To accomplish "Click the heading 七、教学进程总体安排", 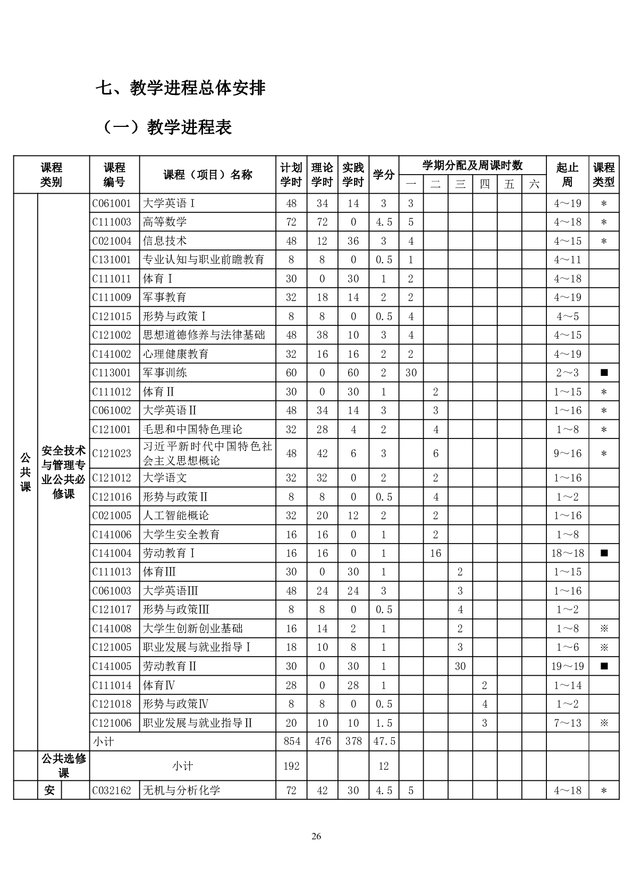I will [x=180, y=88].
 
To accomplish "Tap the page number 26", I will [x=316, y=837].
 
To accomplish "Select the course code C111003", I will [x=113, y=222].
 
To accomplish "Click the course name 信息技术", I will [x=165, y=241].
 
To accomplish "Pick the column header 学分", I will [x=383, y=175].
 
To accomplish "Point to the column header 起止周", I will [x=567, y=175].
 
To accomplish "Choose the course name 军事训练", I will [x=165, y=373].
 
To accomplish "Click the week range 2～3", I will [x=567, y=373].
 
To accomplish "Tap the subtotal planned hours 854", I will [x=291, y=741].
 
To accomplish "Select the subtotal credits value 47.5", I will [x=384, y=741].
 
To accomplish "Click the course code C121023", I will [x=112, y=453].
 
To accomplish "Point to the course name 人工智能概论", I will [x=176, y=515].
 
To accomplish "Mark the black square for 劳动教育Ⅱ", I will [x=604, y=666].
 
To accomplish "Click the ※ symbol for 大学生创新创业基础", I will [x=604, y=629].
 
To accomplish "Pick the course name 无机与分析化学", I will [x=181, y=790].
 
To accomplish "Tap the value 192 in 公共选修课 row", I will [x=291, y=766].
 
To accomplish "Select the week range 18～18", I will [x=567, y=553].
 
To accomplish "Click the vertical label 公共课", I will [x=26, y=472].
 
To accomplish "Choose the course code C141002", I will [x=113, y=354].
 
